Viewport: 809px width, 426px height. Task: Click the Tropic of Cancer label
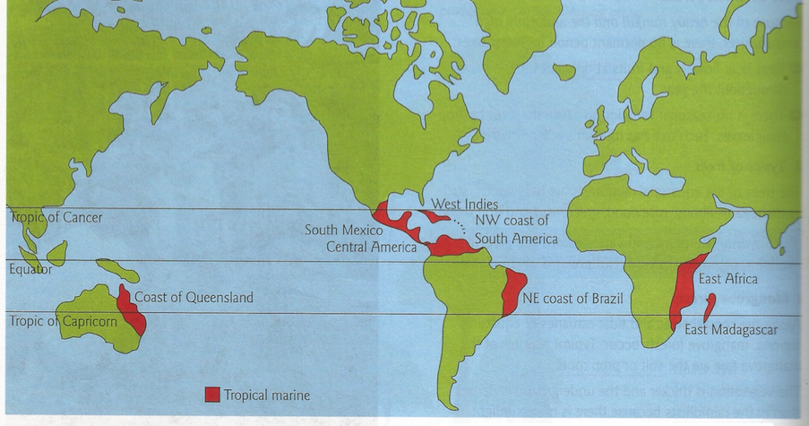tap(57, 218)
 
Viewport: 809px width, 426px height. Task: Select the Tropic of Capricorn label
tap(59, 321)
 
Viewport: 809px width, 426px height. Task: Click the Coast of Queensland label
tap(194, 298)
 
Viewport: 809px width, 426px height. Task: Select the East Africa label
tap(727, 279)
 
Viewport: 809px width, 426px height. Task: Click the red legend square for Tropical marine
tap(211, 394)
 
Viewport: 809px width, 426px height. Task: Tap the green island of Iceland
tap(564, 71)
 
